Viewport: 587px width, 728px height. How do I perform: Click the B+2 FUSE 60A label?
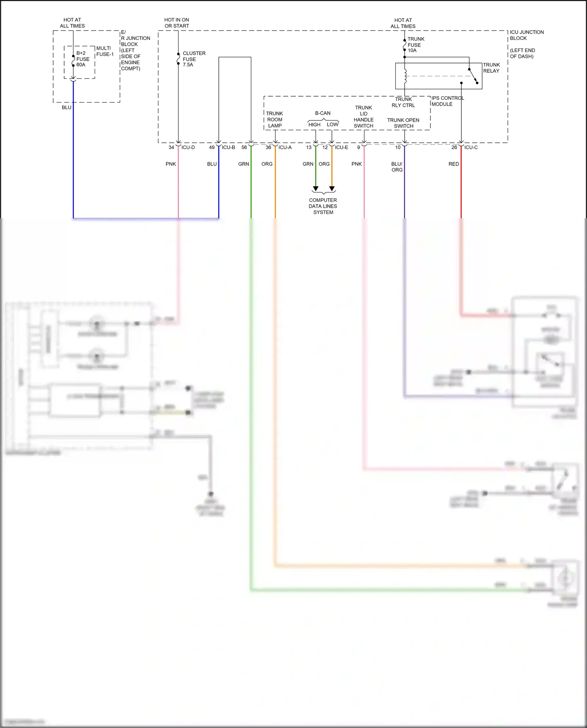[x=83, y=59]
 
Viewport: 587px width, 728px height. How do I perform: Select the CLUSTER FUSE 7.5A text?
[x=194, y=59]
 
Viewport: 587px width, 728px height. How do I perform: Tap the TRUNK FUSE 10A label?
[x=416, y=45]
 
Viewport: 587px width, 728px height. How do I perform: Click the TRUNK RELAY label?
[x=491, y=68]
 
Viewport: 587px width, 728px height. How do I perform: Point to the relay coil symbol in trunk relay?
[x=405, y=76]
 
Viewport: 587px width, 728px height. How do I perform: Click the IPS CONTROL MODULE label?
[x=447, y=101]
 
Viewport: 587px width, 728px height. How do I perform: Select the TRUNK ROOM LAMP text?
[x=275, y=119]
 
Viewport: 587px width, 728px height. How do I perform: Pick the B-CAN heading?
[x=323, y=113]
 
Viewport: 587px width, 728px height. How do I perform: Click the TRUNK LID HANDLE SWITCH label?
[x=364, y=117]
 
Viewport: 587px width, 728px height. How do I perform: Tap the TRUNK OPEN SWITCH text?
[x=403, y=123]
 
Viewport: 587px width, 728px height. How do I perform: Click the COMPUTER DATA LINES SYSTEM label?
[x=323, y=206]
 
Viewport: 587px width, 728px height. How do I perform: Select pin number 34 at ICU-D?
[x=171, y=147]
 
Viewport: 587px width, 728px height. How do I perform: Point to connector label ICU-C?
[x=471, y=147]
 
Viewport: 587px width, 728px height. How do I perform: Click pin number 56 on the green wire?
[x=244, y=147]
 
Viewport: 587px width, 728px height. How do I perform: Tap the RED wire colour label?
[x=454, y=164]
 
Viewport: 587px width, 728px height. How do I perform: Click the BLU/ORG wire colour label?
[x=397, y=167]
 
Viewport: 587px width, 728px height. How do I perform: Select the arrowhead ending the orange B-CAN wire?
[x=332, y=189]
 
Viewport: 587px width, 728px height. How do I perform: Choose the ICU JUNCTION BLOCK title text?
[x=526, y=35]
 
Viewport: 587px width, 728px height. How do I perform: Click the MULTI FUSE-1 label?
[x=105, y=51]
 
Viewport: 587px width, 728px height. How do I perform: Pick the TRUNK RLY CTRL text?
[x=403, y=102]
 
